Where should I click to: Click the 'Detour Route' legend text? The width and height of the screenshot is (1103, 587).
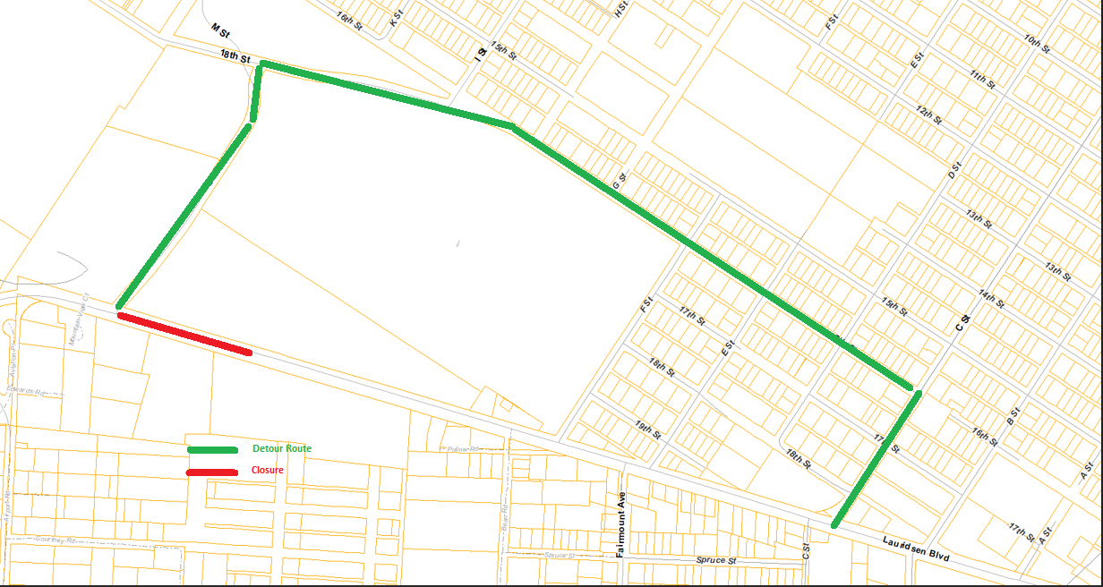282,447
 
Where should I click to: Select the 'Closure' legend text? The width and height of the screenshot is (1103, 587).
267,470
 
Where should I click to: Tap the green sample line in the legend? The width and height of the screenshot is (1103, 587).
212,449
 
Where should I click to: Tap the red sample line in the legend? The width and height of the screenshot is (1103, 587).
212,472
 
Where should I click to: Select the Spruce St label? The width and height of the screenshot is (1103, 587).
715,560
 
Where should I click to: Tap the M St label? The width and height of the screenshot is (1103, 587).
221,30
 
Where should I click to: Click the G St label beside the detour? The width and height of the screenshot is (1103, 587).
617,180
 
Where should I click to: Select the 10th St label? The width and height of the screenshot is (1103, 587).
1037,42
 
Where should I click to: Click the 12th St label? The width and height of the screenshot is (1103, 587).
929,115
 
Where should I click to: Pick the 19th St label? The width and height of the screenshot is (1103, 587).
647,429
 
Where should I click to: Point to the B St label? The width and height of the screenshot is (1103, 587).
1014,415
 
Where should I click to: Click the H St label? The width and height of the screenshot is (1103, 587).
619,8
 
